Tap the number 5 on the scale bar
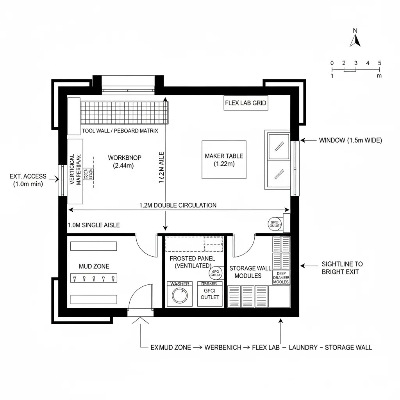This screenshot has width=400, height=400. point(379,63)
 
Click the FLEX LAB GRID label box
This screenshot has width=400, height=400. point(246,103)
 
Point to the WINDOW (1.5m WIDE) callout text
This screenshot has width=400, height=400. point(350,140)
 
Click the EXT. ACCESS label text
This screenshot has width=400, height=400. point(28,180)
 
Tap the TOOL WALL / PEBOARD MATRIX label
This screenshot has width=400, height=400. point(120,131)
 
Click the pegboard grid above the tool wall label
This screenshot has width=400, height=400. point(125,112)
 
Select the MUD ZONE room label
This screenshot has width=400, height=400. point(94,266)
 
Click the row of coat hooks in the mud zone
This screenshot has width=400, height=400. point(94,279)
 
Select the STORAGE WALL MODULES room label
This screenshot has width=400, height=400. point(245,272)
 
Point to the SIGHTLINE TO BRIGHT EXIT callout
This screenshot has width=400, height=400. point(342,268)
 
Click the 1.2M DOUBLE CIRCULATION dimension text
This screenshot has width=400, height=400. point(178,205)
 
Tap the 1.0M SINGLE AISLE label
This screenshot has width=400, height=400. point(94,225)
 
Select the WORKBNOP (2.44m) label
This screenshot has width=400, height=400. point(124,162)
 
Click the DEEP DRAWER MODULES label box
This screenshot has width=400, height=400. point(281,277)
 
